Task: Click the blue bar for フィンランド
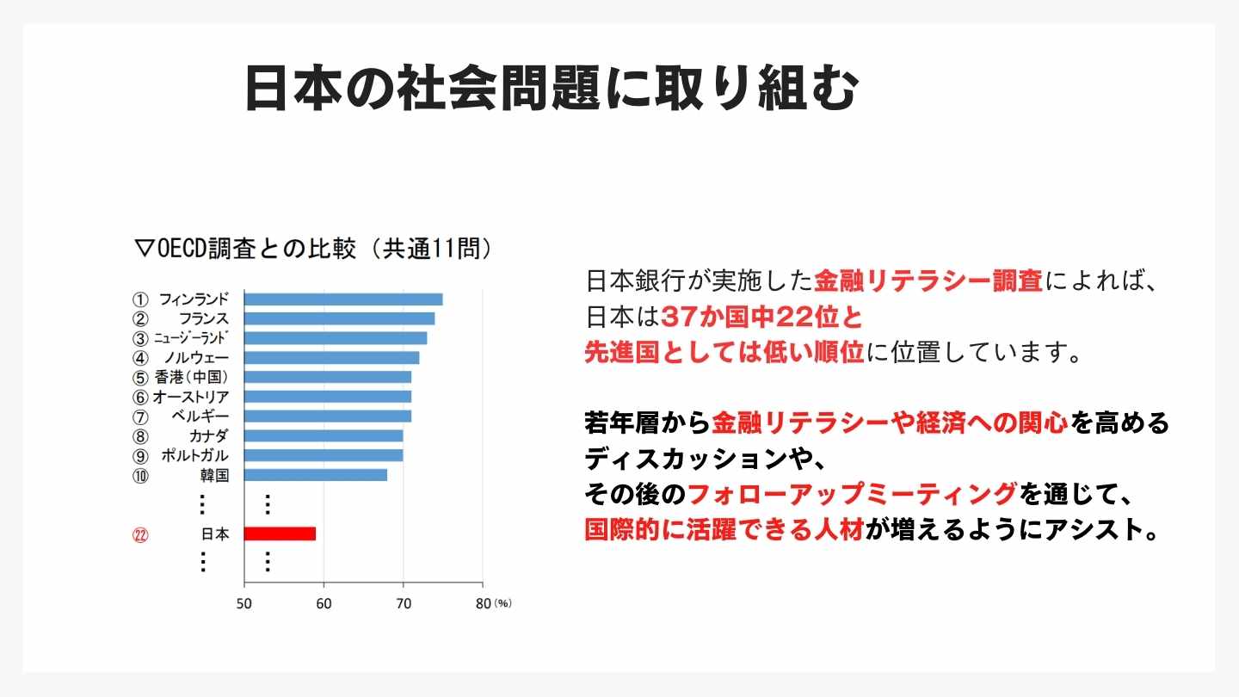(343, 299)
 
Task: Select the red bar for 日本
(280, 534)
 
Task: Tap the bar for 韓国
(316, 475)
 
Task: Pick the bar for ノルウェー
(331, 358)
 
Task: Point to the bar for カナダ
(324, 435)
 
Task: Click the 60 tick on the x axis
(324, 603)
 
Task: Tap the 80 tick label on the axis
(482, 603)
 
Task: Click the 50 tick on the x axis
(244, 603)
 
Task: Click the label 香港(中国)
(191, 377)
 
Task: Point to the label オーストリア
(191, 397)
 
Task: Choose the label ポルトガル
(195, 455)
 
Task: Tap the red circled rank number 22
(140, 534)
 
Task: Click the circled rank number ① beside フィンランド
(140, 299)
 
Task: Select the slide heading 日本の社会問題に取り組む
(552, 89)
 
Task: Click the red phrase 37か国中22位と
(762, 318)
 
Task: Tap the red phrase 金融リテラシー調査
(928, 281)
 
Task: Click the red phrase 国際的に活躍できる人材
(724, 529)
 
